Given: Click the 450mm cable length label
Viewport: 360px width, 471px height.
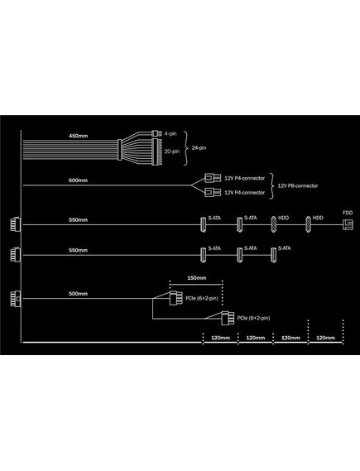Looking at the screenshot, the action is point(78,136).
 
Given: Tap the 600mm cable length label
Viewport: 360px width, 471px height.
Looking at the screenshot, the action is point(78,180).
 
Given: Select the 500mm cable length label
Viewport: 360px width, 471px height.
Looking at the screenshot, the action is point(78,294).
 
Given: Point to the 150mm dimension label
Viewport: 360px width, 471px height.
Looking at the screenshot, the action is point(197,278).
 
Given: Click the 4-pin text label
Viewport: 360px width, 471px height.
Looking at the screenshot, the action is point(170,133).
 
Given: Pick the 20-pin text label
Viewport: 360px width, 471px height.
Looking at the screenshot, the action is point(172,151).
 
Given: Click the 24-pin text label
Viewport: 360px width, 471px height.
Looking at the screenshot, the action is point(199,148).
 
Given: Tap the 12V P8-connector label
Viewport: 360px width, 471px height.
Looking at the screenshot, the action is point(298,185).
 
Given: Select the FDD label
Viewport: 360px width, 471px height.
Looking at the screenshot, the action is point(348,213).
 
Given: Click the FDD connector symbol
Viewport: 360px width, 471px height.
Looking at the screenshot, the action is point(348,224).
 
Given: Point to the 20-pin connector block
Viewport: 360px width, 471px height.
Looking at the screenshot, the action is point(156,152).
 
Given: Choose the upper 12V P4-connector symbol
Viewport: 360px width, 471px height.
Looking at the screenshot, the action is point(213,178).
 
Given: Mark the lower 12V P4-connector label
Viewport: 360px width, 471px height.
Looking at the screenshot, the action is point(245,193).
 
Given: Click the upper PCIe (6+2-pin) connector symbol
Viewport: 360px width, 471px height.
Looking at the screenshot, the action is point(175,298).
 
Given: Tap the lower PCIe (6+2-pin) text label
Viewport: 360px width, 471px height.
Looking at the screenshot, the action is point(253,318).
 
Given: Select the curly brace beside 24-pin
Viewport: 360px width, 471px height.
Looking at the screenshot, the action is point(186,148).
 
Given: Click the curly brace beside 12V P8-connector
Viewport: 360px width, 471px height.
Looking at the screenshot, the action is point(271,186).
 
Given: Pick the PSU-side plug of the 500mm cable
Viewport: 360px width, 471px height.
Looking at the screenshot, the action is point(16,299).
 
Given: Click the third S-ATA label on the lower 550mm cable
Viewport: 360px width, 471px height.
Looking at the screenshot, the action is point(285,248).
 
